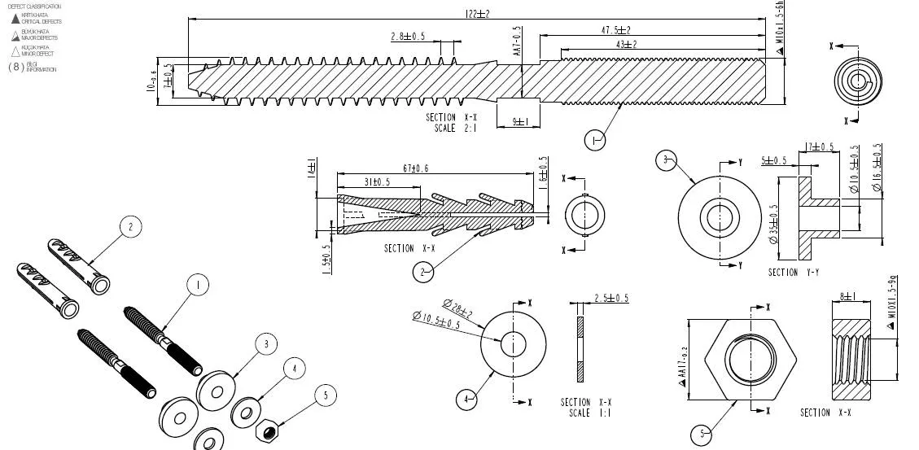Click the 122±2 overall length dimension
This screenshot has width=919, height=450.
tap(476, 14)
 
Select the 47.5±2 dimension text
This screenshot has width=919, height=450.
tap(615, 30)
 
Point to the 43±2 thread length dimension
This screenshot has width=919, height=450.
tap(626, 44)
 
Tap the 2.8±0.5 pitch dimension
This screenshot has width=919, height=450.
tap(408, 37)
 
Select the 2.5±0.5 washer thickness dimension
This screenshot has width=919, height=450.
tap(611, 298)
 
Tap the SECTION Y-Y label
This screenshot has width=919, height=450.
tap(794, 273)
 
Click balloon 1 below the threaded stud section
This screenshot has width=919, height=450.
tap(594, 141)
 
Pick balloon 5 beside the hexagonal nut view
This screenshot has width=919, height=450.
tap(701, 435)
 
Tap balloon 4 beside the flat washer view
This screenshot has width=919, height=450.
tap(466, 400)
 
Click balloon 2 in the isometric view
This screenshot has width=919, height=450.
tap(130, 227)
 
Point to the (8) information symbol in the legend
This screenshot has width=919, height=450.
tap(15, 67)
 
